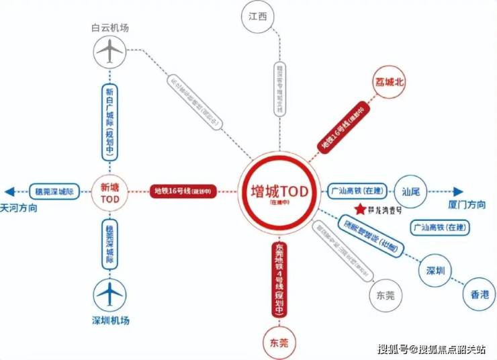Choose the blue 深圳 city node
pyautogui.click(x=436, y=271)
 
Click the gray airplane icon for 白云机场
pyautogui.click(x=110, y=51)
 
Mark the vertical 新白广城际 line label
pyautogui.click(x=110, y=122)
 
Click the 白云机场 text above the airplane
pyautogui.click(x=110, y=28)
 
